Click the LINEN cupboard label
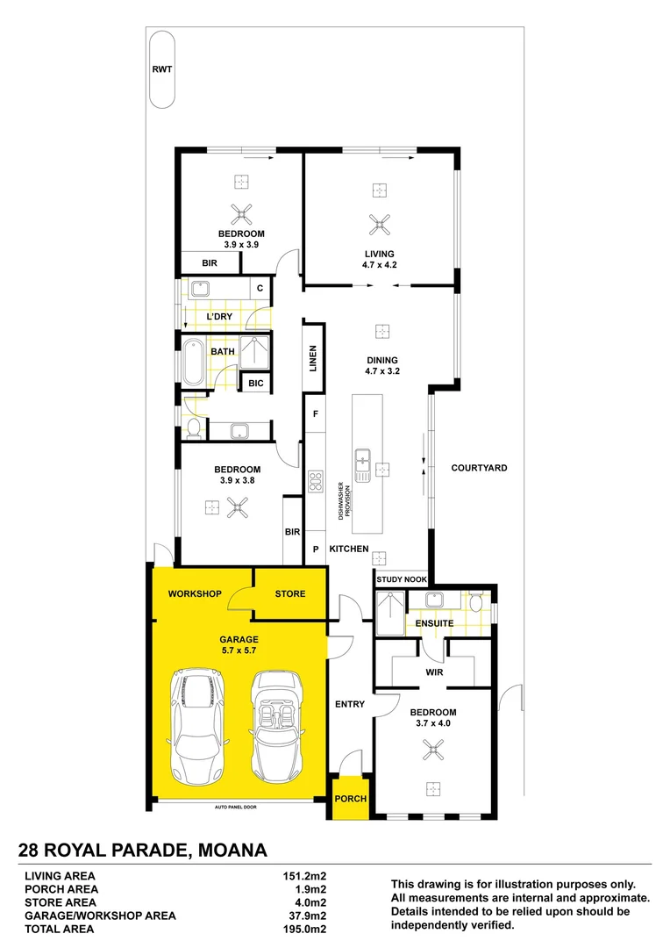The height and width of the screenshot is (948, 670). point(313,359)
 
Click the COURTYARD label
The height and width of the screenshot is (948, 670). point(479,468)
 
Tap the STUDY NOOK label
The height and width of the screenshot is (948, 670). point(402,580)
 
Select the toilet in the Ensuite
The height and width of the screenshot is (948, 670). point(475,603)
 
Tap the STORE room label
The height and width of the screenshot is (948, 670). point(290,594)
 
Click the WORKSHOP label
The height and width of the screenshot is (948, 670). point(195,594)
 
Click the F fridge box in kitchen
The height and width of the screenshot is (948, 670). point(315,412)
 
